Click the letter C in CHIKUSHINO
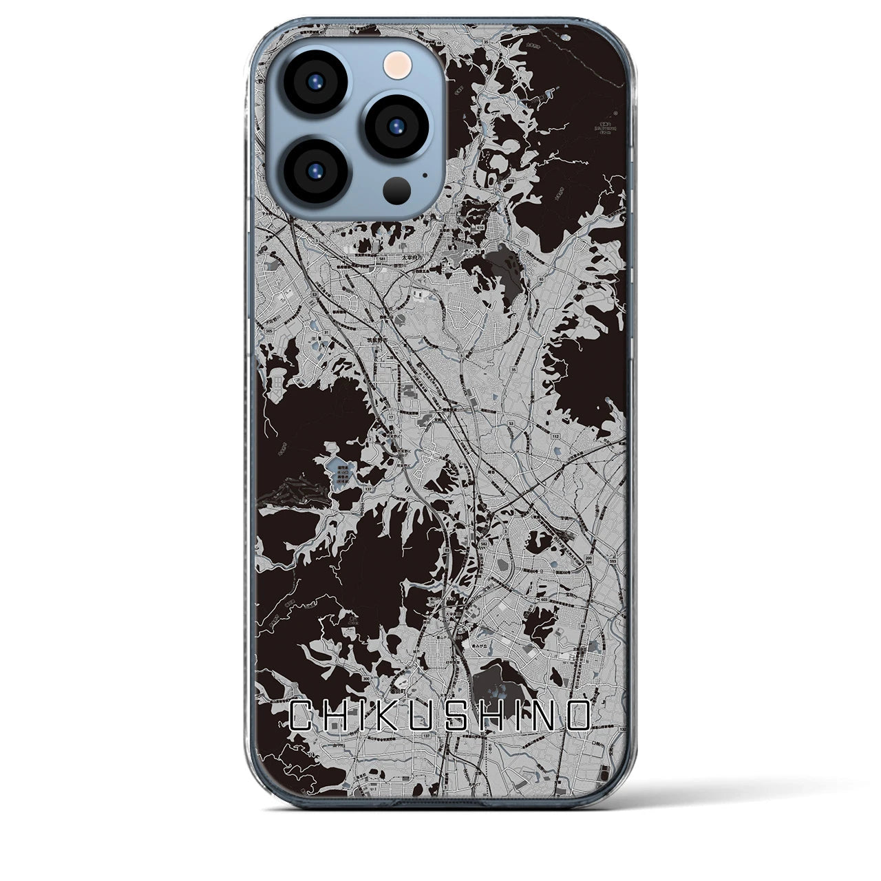(x=300, y=717)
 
